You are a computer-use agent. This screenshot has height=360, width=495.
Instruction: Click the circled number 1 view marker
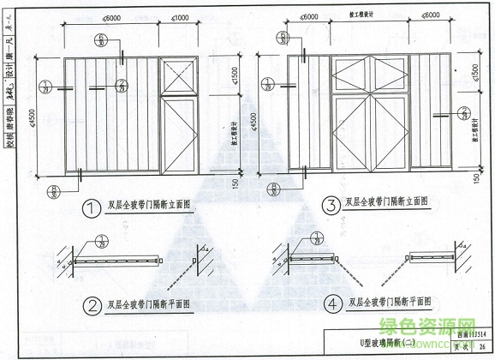(92, 207)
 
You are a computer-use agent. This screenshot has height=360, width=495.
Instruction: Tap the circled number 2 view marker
(92, 303)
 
